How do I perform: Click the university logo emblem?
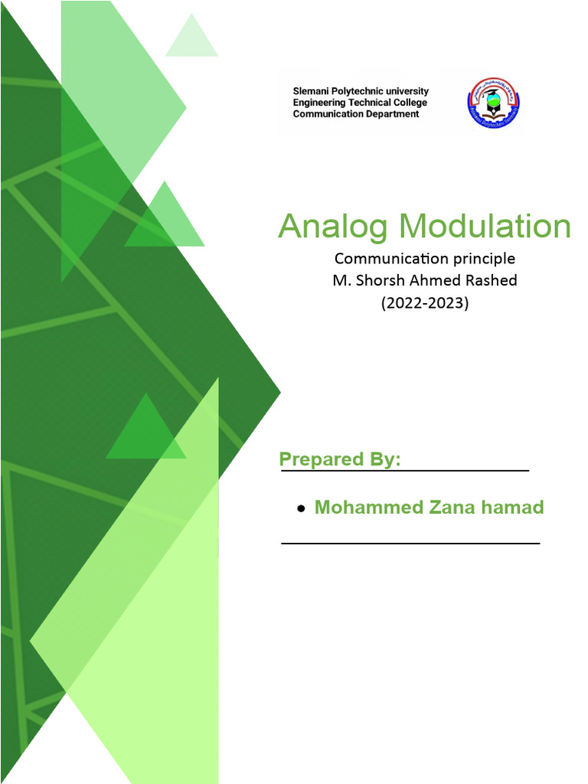pos(494,103)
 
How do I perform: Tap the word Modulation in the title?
pos(485,227)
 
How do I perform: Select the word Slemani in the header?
pos(312,91)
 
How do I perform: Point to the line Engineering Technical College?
pos(360,103)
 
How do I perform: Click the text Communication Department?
pos(356,114)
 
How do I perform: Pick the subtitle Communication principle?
pos(425,258)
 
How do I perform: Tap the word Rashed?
pos(492,280)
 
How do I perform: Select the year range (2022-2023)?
pos(425,302)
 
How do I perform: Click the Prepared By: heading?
pos(340,459)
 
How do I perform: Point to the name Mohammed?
pos(362,507)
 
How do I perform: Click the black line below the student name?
pos(410,543)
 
